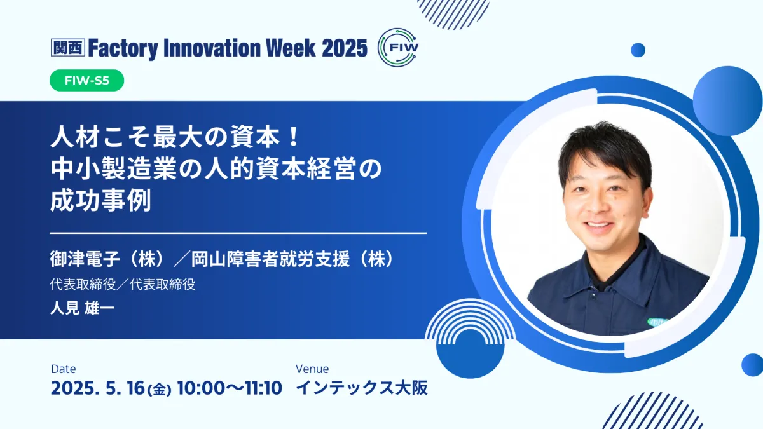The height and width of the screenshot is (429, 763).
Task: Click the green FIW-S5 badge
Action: pos(87,80)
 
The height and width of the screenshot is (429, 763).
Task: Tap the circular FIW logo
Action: pos(398,47)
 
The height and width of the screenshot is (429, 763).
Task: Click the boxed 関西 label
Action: pos(68,47)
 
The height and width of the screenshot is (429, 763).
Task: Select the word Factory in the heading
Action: pos(123,49)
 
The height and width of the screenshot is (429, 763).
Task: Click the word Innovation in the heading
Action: pos(211,48)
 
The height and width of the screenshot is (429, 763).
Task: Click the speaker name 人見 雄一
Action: pos(82,308)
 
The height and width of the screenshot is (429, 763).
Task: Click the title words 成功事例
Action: pos(100,201)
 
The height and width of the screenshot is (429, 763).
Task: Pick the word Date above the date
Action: pos(64,369)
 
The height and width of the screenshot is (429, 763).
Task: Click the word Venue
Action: pos(312,369)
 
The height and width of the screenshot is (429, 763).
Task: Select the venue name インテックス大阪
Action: pos(362,388)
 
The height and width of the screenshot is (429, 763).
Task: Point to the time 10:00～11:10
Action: pos(230,388)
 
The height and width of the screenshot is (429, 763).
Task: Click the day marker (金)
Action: pos(159,390)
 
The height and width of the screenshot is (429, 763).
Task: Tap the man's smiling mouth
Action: pos(598,226)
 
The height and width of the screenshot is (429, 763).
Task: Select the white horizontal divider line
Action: pos(238,233)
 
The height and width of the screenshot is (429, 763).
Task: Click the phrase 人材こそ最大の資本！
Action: pos(175,138)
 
